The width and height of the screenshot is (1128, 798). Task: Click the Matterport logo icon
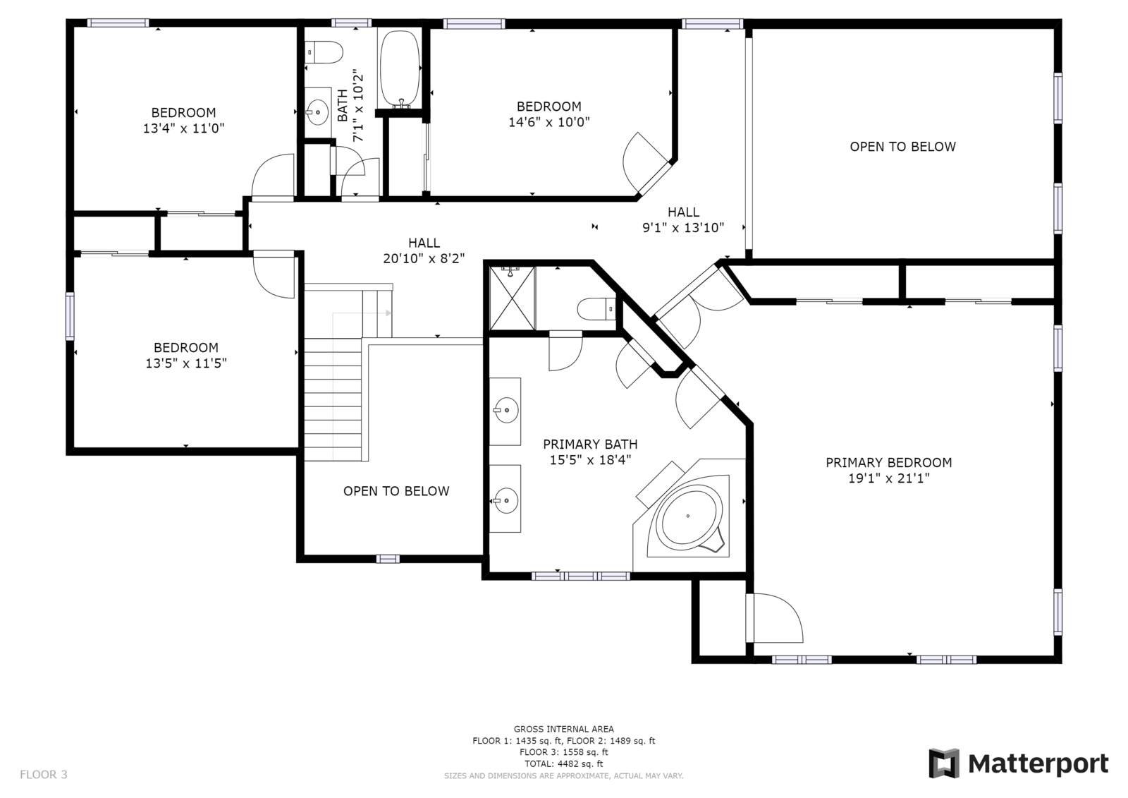[944, 763]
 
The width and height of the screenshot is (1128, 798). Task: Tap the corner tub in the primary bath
[689, 516]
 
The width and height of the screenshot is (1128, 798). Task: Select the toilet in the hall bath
[324, 52]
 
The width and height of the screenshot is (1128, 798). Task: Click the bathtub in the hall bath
[400, 69]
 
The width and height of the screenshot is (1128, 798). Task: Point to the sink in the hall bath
[318, 112]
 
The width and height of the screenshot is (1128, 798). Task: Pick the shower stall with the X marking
[512, 298]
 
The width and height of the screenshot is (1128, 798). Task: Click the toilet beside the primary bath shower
[596, 309]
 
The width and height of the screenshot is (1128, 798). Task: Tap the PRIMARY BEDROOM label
[889, 462]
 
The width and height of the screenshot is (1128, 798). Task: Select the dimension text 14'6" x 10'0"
[549, 122]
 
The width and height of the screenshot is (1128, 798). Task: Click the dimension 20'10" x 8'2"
[424, 259]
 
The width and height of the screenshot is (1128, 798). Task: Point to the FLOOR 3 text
[43, 774]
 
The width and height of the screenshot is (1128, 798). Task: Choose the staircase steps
[333, 399]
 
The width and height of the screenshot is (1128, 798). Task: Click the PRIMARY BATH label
[590, 444]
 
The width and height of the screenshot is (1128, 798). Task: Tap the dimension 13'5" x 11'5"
[186, 363]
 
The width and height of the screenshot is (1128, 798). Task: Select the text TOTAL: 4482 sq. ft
[563, 763]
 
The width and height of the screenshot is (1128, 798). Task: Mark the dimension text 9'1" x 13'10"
[683, 228]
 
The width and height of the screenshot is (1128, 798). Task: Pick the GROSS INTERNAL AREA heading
[563, 729]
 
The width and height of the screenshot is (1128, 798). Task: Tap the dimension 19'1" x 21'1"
[889, 478]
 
